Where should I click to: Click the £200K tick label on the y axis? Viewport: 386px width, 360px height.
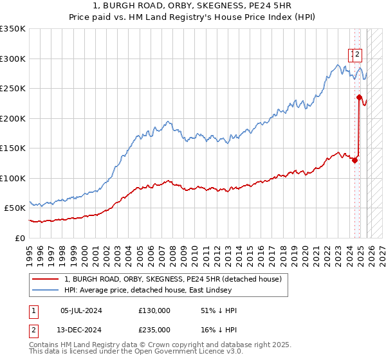pyautogui.click(x=13, y=118)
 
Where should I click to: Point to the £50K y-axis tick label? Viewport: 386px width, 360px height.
pyautogui.click(x=15, y=208)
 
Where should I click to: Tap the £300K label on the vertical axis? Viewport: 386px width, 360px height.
pyautogui.click(x=13, y=59)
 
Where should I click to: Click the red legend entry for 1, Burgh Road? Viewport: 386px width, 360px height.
pyautogui.click(x=172, y=279)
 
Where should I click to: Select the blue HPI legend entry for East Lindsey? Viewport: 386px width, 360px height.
pyautogui.click(x=175, y=291)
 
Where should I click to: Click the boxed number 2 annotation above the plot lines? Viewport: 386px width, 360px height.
pyautogui.click(x=358, y=55)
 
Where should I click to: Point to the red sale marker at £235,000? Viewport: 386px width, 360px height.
pyautogui.click(x=360, y=97)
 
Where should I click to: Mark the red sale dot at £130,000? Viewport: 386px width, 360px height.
pyautogui.click(x=354, y=160)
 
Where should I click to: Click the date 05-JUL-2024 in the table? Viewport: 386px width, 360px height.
pyautogui.click(x=81, y=310)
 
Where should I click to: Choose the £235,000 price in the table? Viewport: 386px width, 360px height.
pyautogui.click(x=154, y=329)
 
